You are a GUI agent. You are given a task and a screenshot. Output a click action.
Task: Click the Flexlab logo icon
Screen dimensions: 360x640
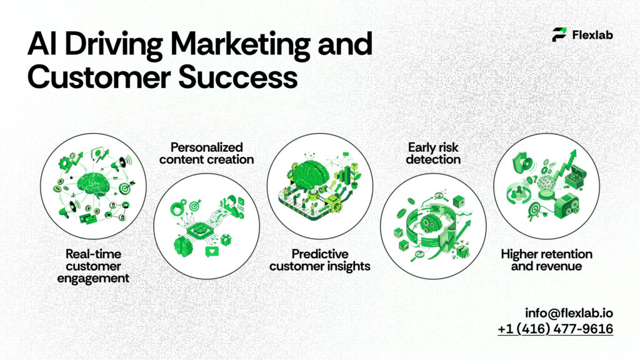559,35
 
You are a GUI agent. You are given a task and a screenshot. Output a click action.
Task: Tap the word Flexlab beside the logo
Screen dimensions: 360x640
592,35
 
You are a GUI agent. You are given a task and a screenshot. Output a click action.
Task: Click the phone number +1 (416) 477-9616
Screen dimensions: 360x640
555,329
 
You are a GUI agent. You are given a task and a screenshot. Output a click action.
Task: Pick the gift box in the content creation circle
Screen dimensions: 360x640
239,239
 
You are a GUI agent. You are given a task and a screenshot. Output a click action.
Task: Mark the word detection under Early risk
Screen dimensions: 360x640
433,159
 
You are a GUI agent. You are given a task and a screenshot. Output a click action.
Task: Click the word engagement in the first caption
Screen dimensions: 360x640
93,277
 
